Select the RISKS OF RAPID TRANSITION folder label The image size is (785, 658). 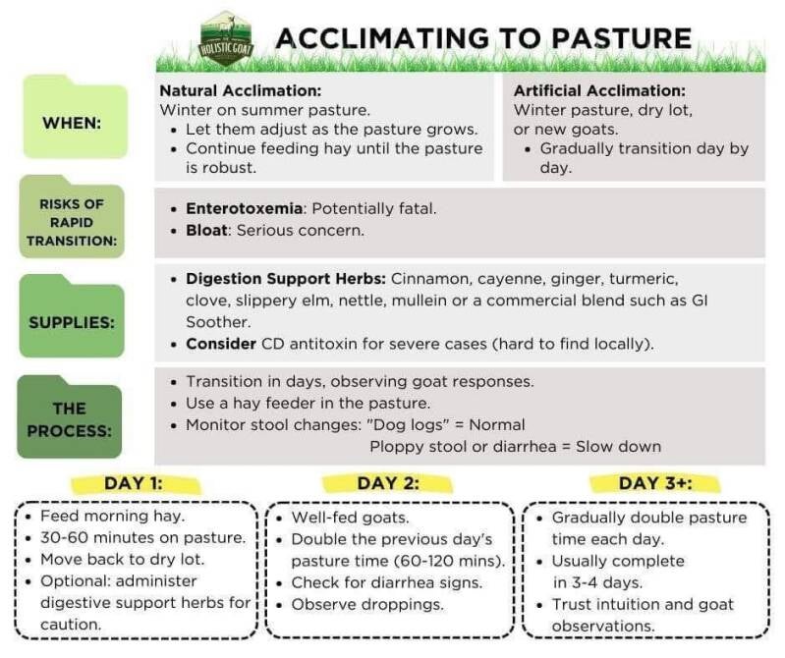(x=72, y=221)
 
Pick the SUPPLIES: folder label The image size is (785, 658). (x=72, y=320)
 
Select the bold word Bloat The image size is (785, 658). (x=207, y=231)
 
